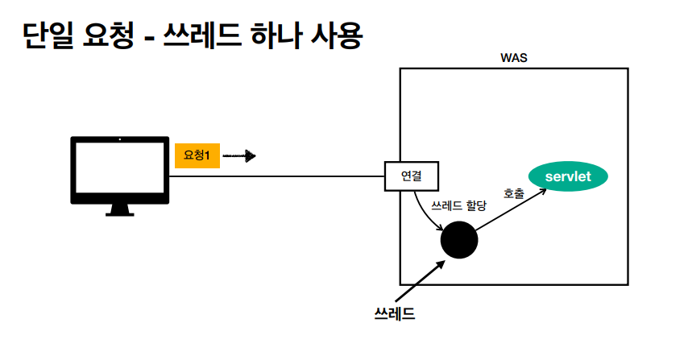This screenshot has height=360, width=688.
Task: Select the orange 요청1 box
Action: click(x=197, y=155)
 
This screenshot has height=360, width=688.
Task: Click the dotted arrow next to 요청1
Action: click(x=239, y=155)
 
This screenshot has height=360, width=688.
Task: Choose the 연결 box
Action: click(x=411, y=176)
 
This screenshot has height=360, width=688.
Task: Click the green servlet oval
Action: click(x=567, y=176)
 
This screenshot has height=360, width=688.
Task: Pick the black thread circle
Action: click(x=459, y=239)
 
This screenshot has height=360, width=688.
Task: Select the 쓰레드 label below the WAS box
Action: click(x=396, y=313)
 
